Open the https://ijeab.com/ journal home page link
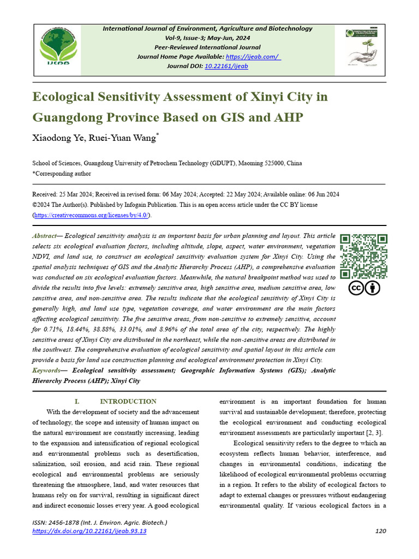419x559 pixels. click(x=253, y=57)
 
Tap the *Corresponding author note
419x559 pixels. click(x=62, y=174)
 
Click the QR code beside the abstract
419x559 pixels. click(x=364, y=257)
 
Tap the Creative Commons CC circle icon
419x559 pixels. click(x=356, y=288)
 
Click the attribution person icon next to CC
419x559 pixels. click(x=373, y=288)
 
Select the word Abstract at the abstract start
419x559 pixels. click(x=44, y=236)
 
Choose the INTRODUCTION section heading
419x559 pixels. click(x=128, y=401)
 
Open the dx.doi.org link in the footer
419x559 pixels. click(x=89, y=531)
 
